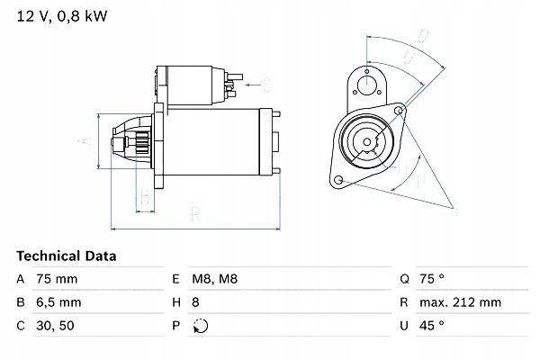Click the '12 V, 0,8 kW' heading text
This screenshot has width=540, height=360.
(x=55, y=15)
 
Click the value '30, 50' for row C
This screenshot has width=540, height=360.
(x=53, y=324)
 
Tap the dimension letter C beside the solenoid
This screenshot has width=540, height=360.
(x=266, y=85)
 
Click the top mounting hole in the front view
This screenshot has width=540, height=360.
(x=366, y=85)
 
